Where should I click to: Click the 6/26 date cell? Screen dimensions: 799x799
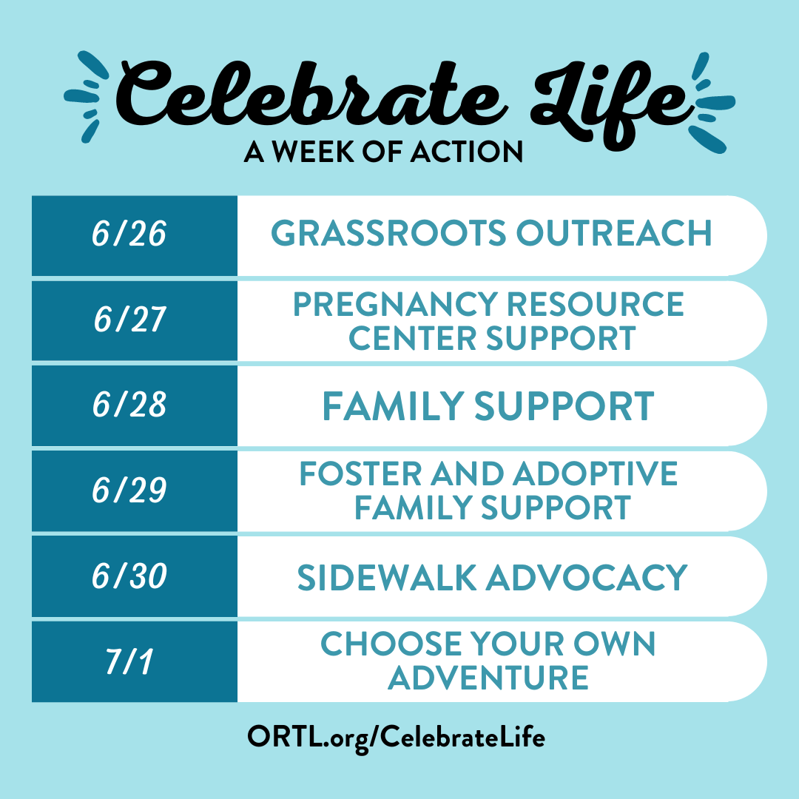[135, 235]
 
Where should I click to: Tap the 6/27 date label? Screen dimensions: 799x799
[130, 320]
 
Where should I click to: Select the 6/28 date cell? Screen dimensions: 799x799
[135, 405]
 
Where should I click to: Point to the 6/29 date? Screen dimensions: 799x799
[129, 490]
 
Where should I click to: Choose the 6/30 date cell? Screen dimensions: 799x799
[135, 576]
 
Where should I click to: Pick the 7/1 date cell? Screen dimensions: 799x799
[135, 661]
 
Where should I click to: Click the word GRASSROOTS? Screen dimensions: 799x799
[388, 233]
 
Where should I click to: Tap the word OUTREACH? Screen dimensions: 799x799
[614, 233]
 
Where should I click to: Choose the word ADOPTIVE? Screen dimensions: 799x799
[595, 473]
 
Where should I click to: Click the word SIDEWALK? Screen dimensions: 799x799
[386, 578]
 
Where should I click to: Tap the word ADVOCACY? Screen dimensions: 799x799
[587, 578]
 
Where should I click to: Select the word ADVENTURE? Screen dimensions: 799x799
[488, 678]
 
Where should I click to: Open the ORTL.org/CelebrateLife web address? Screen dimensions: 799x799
[396, 738]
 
